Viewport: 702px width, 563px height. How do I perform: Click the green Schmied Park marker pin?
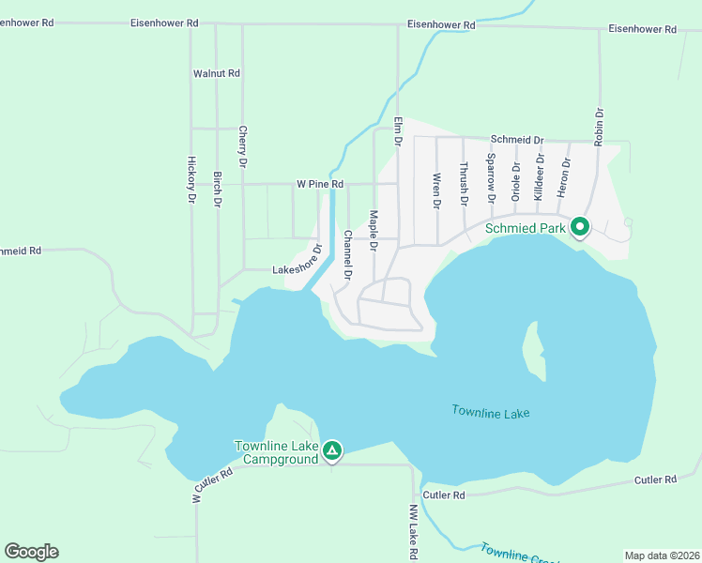click(x=580, y=226)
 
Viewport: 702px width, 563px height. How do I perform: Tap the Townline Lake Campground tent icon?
click(x=331, y=451)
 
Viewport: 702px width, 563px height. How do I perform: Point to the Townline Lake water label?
click(x=491, y=412)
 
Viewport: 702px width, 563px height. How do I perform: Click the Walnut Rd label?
click(x=217, y=73)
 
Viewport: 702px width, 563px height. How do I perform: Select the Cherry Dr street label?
click(x=243, y=147)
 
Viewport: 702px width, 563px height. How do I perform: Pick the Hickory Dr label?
click(x=191, y=179)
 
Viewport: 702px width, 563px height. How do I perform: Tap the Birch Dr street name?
click(x=217, y=190)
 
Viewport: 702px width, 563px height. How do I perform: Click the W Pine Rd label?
click(x=320, y=185)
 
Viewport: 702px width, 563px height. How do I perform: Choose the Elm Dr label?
click(x=398, y=130)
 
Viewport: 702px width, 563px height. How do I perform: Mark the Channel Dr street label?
click(x=347, y=255)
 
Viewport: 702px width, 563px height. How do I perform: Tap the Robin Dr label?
click(x=599, y=126)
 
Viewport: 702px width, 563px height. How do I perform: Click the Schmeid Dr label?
click(x=515, y=140)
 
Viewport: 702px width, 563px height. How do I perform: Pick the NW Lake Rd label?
click(x=412, y=533)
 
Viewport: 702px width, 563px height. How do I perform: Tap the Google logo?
click(x=32, y=552)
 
